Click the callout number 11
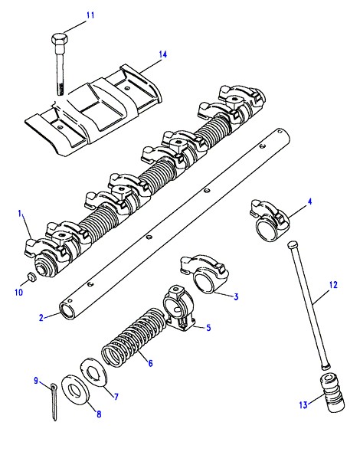click(x=90, y=15)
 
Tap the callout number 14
click(x=162, y=54)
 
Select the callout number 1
click(x=20, y=214)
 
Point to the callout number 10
click(x=18, y=292)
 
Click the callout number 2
click(x=41, y=318)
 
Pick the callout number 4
click(x=309, y=201)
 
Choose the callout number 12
click(x=334, y=285)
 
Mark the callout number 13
click(x=303, y=404)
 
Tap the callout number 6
click(x=150, y=363)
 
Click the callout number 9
click(x=36, y=381)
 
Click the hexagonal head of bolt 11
click(x=61, y=38)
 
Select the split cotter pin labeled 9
click(x=54, y=401)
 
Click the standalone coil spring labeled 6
click(x=134, y=336)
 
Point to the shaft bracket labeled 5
click(x=178, y=308)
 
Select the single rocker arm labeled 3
click(x=205, y=273)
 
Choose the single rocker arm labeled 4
click(x=270, y=220)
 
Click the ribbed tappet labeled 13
click(x=332, y=393)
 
